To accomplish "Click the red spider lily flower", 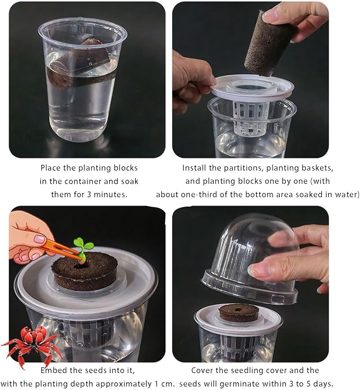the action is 32,343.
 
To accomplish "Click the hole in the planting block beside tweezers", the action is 80,267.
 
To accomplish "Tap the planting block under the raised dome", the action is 239,313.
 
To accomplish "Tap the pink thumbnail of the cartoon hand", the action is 40,240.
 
